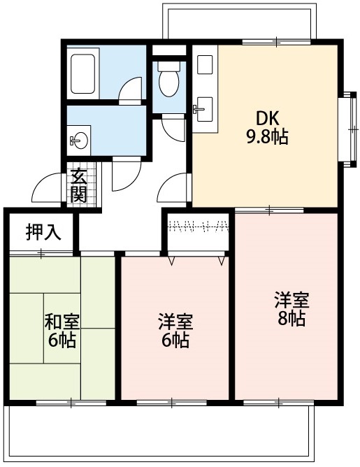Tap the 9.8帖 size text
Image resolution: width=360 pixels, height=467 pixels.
coord(267,136)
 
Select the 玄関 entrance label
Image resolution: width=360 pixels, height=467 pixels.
coord(78,186)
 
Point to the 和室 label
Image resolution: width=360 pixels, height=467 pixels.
coord(62,322)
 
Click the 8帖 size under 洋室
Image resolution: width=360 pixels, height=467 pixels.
coord(291,319)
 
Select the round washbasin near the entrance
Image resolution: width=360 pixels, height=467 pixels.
coord(79,141)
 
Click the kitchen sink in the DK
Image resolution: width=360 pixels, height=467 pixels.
coord(203,107)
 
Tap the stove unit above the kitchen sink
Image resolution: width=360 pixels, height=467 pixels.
coord(204,64)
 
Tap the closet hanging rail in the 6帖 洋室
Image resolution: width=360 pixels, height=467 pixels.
coord(199,226)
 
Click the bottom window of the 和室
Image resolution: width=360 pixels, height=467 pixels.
coord(71,403)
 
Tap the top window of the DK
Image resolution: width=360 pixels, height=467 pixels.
coord(277,43)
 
